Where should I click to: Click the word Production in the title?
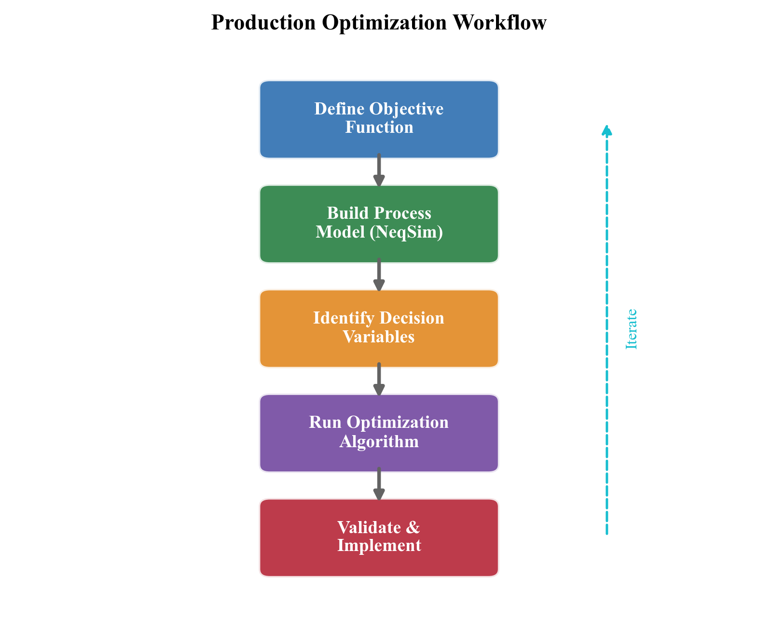click(263, 23)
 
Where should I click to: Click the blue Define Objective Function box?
click(379, 119)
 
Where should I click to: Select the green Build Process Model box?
click(379, 224)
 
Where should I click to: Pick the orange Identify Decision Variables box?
click(379, 328)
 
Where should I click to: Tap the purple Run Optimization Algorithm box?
click(379, 433)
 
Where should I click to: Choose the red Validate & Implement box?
click(379, 537)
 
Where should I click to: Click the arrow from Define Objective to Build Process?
click(379, 170)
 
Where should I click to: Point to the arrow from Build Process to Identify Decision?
click(379, 275)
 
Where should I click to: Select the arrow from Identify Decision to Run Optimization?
click(379, 380)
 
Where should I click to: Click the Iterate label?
click(632, 329)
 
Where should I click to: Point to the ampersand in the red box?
click(413, 527)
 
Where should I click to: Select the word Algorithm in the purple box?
click(379, 441)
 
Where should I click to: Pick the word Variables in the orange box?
click(379, 337)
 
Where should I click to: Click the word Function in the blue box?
click(379, 127)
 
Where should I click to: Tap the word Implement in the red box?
click(379, 546)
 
